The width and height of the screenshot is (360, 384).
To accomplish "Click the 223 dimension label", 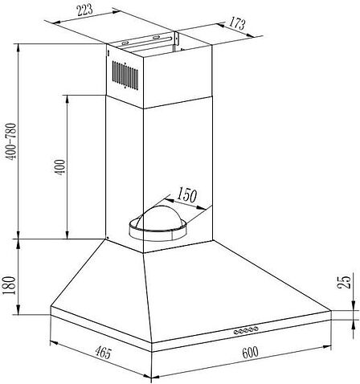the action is [x=84, y=10].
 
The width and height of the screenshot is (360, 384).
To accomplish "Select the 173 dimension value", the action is [x=237, y=23].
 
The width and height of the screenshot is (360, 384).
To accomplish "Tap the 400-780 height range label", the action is [x=11, y=141].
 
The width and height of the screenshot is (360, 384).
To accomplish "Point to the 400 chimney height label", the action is [x=59, y=168].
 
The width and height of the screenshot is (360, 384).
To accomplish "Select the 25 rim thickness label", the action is [x=344, y=282].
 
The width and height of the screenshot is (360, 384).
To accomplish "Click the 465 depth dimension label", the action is [x=104, y=352].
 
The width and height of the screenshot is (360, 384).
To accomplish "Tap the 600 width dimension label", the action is [x=250, y=353].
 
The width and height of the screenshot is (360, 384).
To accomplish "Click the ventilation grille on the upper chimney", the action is [x=125, y=76].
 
